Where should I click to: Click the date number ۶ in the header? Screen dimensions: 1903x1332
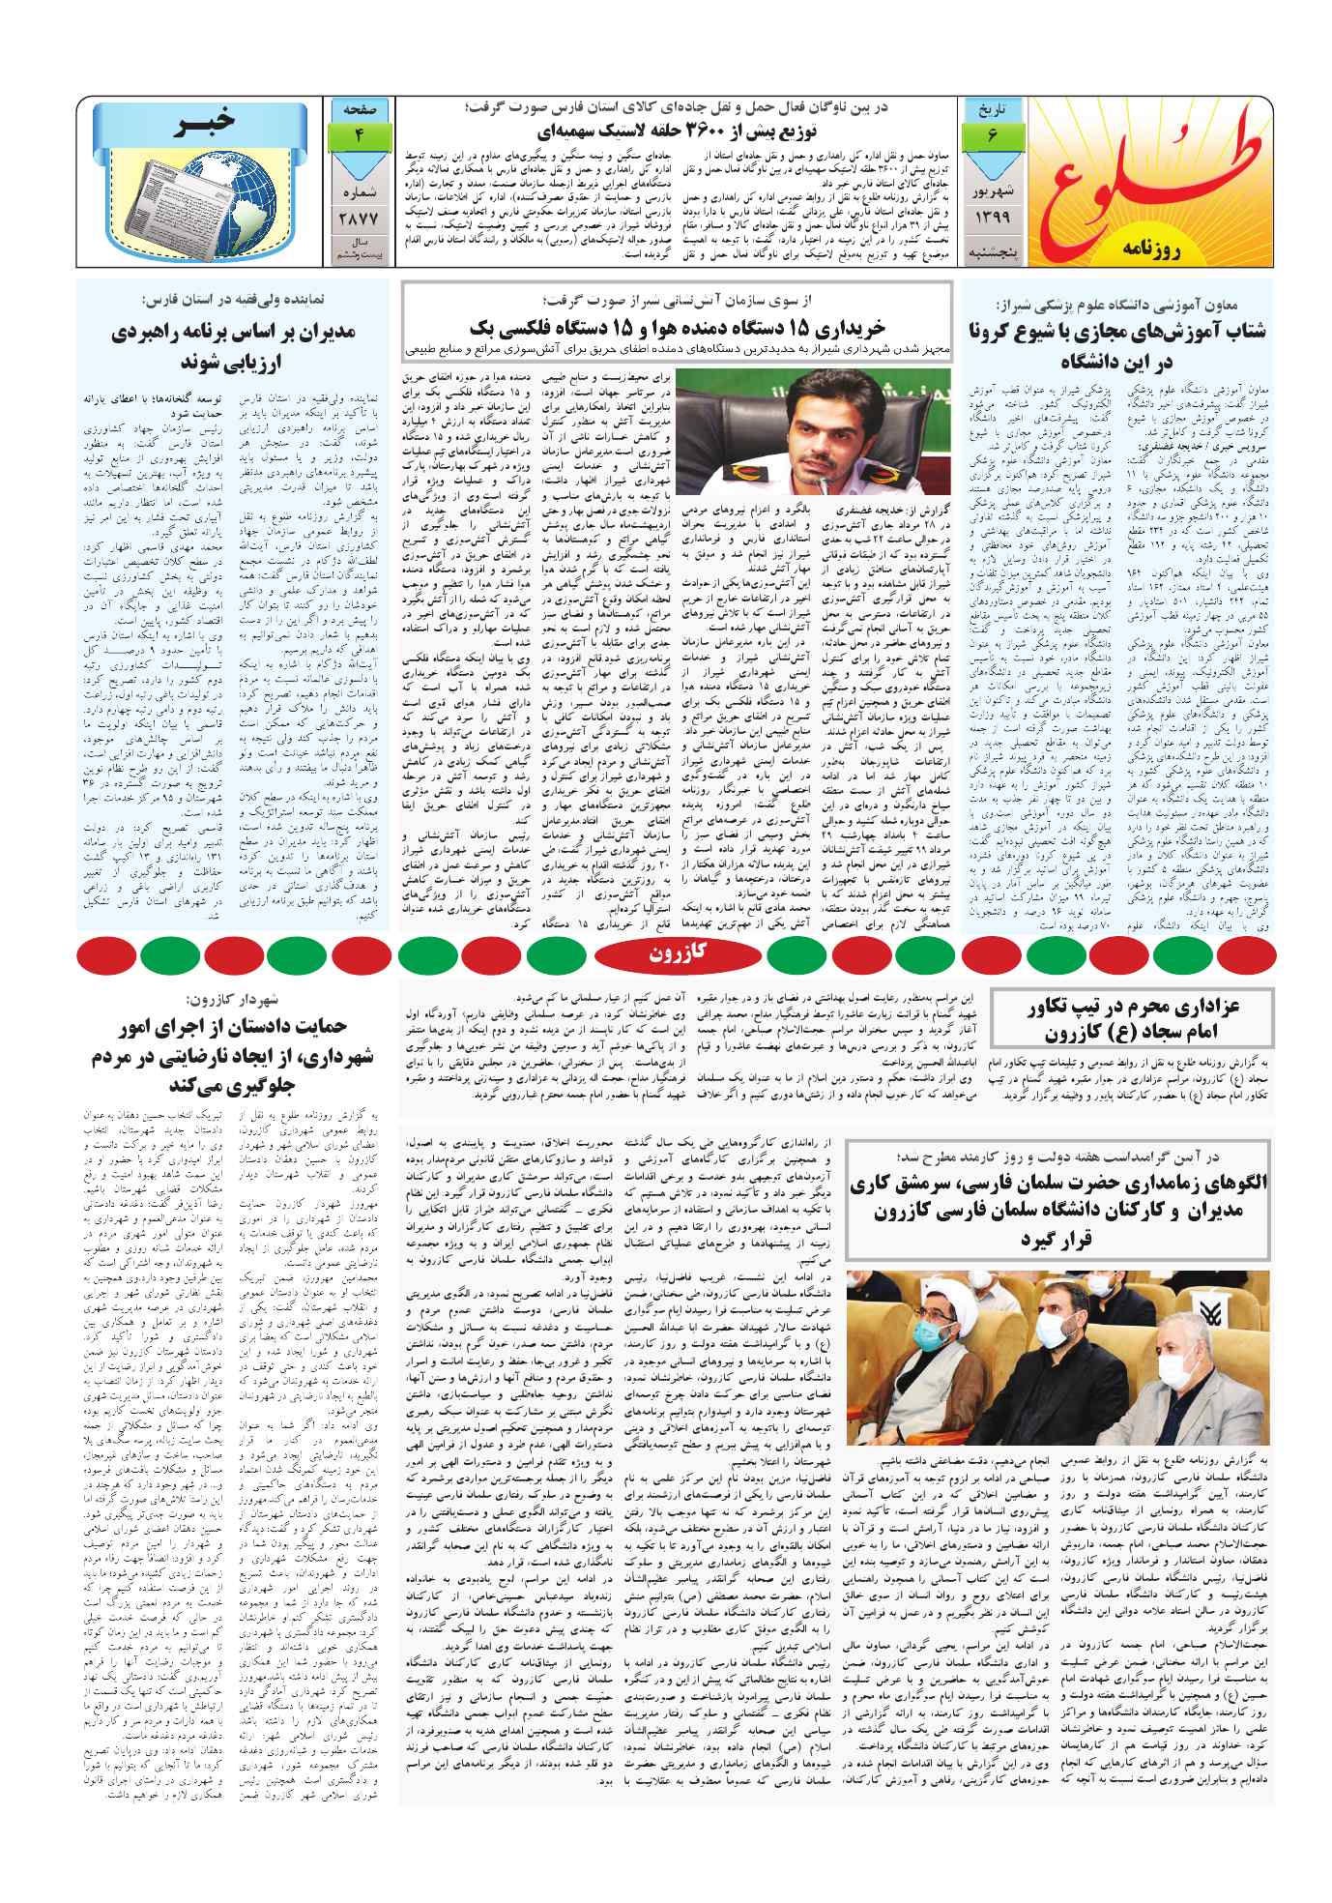pos(992,136)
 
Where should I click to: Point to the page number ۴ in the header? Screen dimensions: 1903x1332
pos(359,135)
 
